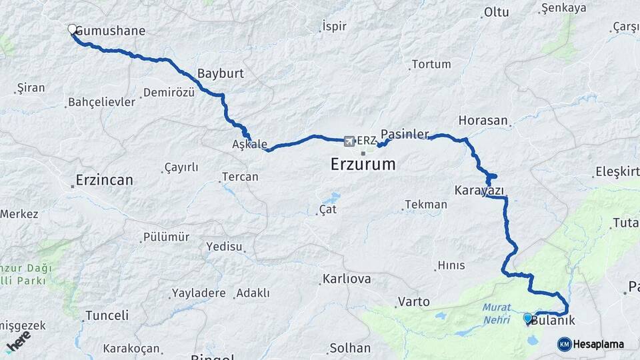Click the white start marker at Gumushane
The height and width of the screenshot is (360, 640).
pyautogui.click(x=72, y=29)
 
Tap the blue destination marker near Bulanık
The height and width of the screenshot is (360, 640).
pyautogui.click(x=528, y=318)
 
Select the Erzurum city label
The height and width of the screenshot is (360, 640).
pyautogui.click(x=363, y=164)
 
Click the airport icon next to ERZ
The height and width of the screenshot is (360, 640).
pyautogui.click(x=349, y=141)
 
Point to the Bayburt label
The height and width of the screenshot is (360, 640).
pyautogui.click(x=221, y=73)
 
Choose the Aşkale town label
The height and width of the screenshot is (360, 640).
pyautogui.click(x=249, y=145)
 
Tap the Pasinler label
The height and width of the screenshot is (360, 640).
pyautogui.click(x=405, y=134)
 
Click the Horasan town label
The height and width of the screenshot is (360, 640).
pyautogui.click(x=483, y=121)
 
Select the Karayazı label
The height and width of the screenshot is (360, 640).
pyautogui.click(x=479, y=191)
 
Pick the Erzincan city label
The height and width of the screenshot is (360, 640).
pyautogui.click(x=104, y=180)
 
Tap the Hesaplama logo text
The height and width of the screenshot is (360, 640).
pyautogui.click(x=598, y=345)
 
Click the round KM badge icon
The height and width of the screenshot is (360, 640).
pyautogui.click(x=564, y=345)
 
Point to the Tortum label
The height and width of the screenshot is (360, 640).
pyautogui.click(x=431, y=65)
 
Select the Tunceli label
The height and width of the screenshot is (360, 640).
pyautogui.click(x=107, y=315)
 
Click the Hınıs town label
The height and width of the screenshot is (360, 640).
pyautogui.click(x=451, y=265)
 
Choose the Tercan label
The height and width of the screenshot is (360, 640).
pyautogui.click(x=240, y=177)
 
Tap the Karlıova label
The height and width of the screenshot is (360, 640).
pyautogui.click(x=346, y=279)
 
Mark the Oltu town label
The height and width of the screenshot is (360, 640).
pyautogui.click(x=497, y=12)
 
